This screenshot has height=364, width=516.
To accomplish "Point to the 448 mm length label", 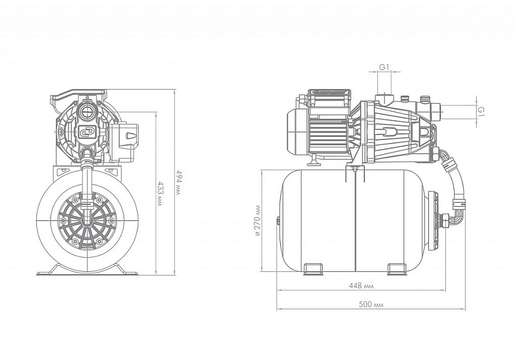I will [x=364, y=285].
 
